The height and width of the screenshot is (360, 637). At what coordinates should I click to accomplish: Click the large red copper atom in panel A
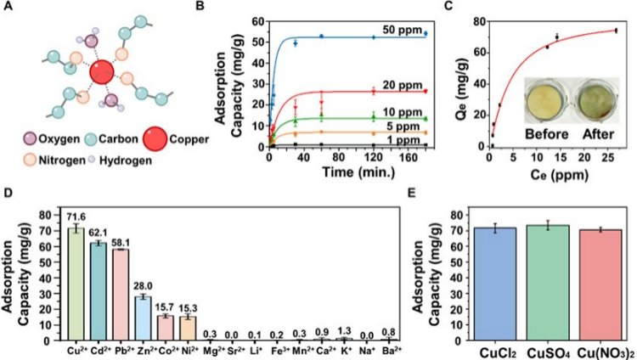(x=102, y=73)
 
